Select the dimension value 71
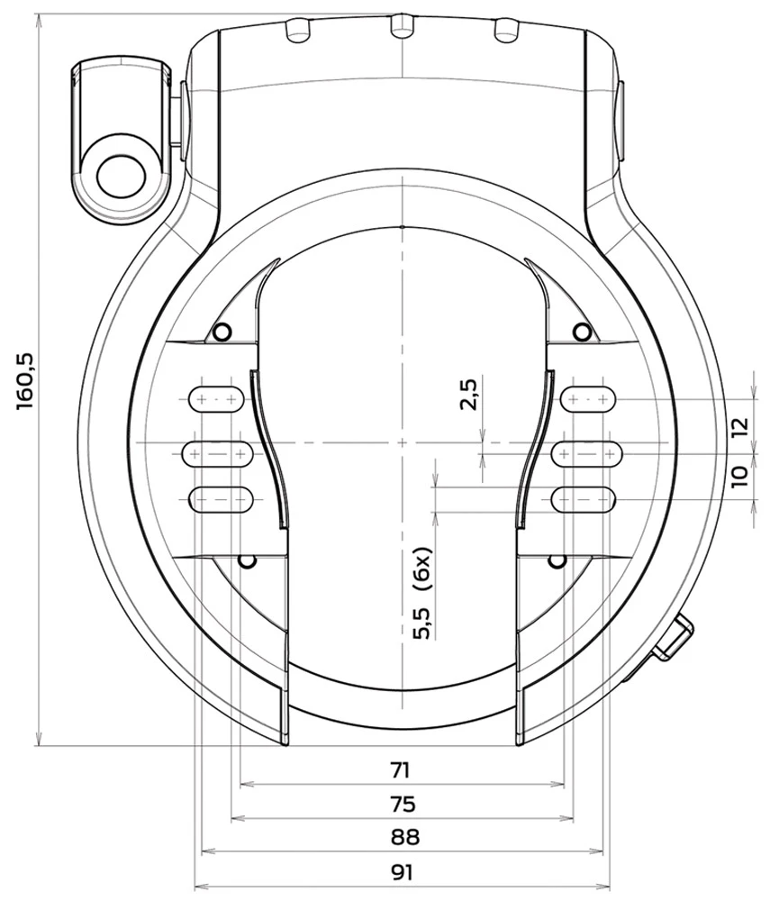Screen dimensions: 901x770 pyautogui.click(x=401, y=770)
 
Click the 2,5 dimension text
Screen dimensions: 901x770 pyautogui.click(x=468, y=394)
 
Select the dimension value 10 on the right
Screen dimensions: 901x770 pyautogui.click(x=739, y=476)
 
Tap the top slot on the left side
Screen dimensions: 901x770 pyautogui.click(x=215, y=397)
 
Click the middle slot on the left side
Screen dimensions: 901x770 pyautogui.click(x=216, y=453)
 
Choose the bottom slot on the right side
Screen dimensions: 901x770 pyautogui.click(x=584, y=496)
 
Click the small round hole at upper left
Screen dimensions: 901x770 pyautogui.click(x=222, y=332)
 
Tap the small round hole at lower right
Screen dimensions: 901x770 pyautogui.click(x=557, y=562)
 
